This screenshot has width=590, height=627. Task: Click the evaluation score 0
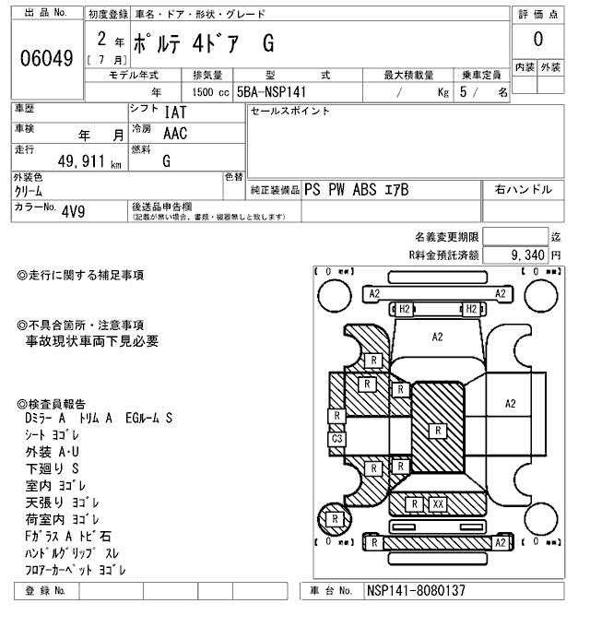(x=537, y=39)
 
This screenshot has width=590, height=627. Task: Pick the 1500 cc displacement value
(x=204, y=93)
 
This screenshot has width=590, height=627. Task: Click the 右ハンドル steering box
(x=523, y=189)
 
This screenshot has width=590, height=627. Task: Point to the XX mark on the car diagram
(x=438, y=504)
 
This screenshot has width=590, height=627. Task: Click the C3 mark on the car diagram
(x=337, y=439)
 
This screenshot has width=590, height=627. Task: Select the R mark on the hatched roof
(x=438, y=430)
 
